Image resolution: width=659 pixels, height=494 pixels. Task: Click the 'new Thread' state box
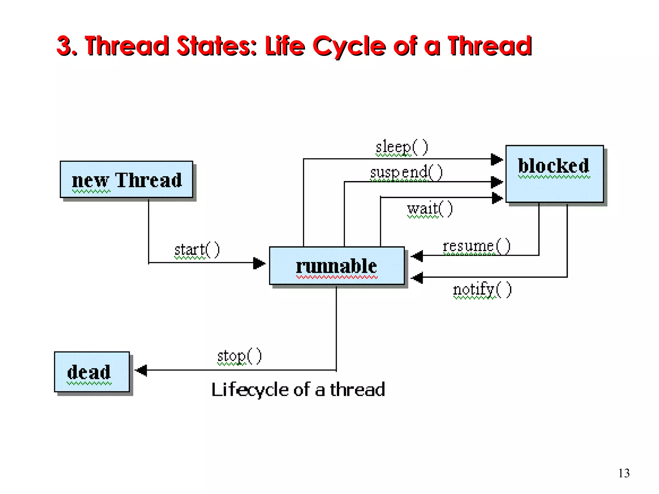click(126, 179)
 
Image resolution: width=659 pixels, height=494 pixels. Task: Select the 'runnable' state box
click(337, 266)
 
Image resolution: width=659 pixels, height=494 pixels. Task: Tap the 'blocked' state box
click(554, 174)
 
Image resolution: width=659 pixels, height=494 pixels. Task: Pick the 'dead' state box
click(92, 372)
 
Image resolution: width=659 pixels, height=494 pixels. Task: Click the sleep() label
click(402, 147)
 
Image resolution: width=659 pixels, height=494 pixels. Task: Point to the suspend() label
click(406, 172)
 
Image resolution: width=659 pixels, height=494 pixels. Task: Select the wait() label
click(430, 209)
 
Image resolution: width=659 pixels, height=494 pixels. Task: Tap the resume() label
click(476, 246)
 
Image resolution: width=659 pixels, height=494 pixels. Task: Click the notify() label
click(482, 289)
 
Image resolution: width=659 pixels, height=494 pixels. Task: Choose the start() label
click(197, 250)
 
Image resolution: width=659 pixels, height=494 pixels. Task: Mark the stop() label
click(239, 356)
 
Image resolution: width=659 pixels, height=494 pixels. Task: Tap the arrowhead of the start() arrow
click(259, 263)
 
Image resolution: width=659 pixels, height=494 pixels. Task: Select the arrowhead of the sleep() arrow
click(497, 159)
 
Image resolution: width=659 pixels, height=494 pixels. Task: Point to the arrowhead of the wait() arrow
click(497, 198)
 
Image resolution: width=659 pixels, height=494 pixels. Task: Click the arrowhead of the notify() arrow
click(417, 277)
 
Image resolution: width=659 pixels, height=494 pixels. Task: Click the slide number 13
click(624, 473)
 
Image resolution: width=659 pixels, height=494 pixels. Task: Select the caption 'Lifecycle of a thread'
click(298, 389)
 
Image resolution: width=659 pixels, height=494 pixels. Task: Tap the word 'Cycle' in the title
click(349, 46)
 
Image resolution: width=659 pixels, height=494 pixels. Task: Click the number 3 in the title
click(64, 46)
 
